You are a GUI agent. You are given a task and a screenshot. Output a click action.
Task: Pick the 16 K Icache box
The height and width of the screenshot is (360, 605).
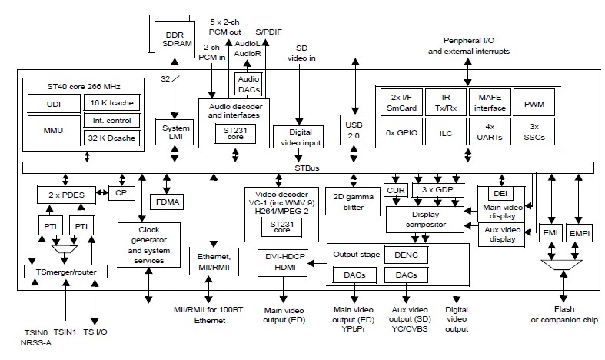click(108, 102)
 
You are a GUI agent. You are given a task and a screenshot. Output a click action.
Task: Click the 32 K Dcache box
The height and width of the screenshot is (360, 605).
click(108, 138)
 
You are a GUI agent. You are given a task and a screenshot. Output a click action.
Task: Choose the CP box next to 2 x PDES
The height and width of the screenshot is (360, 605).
click(121, 193)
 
